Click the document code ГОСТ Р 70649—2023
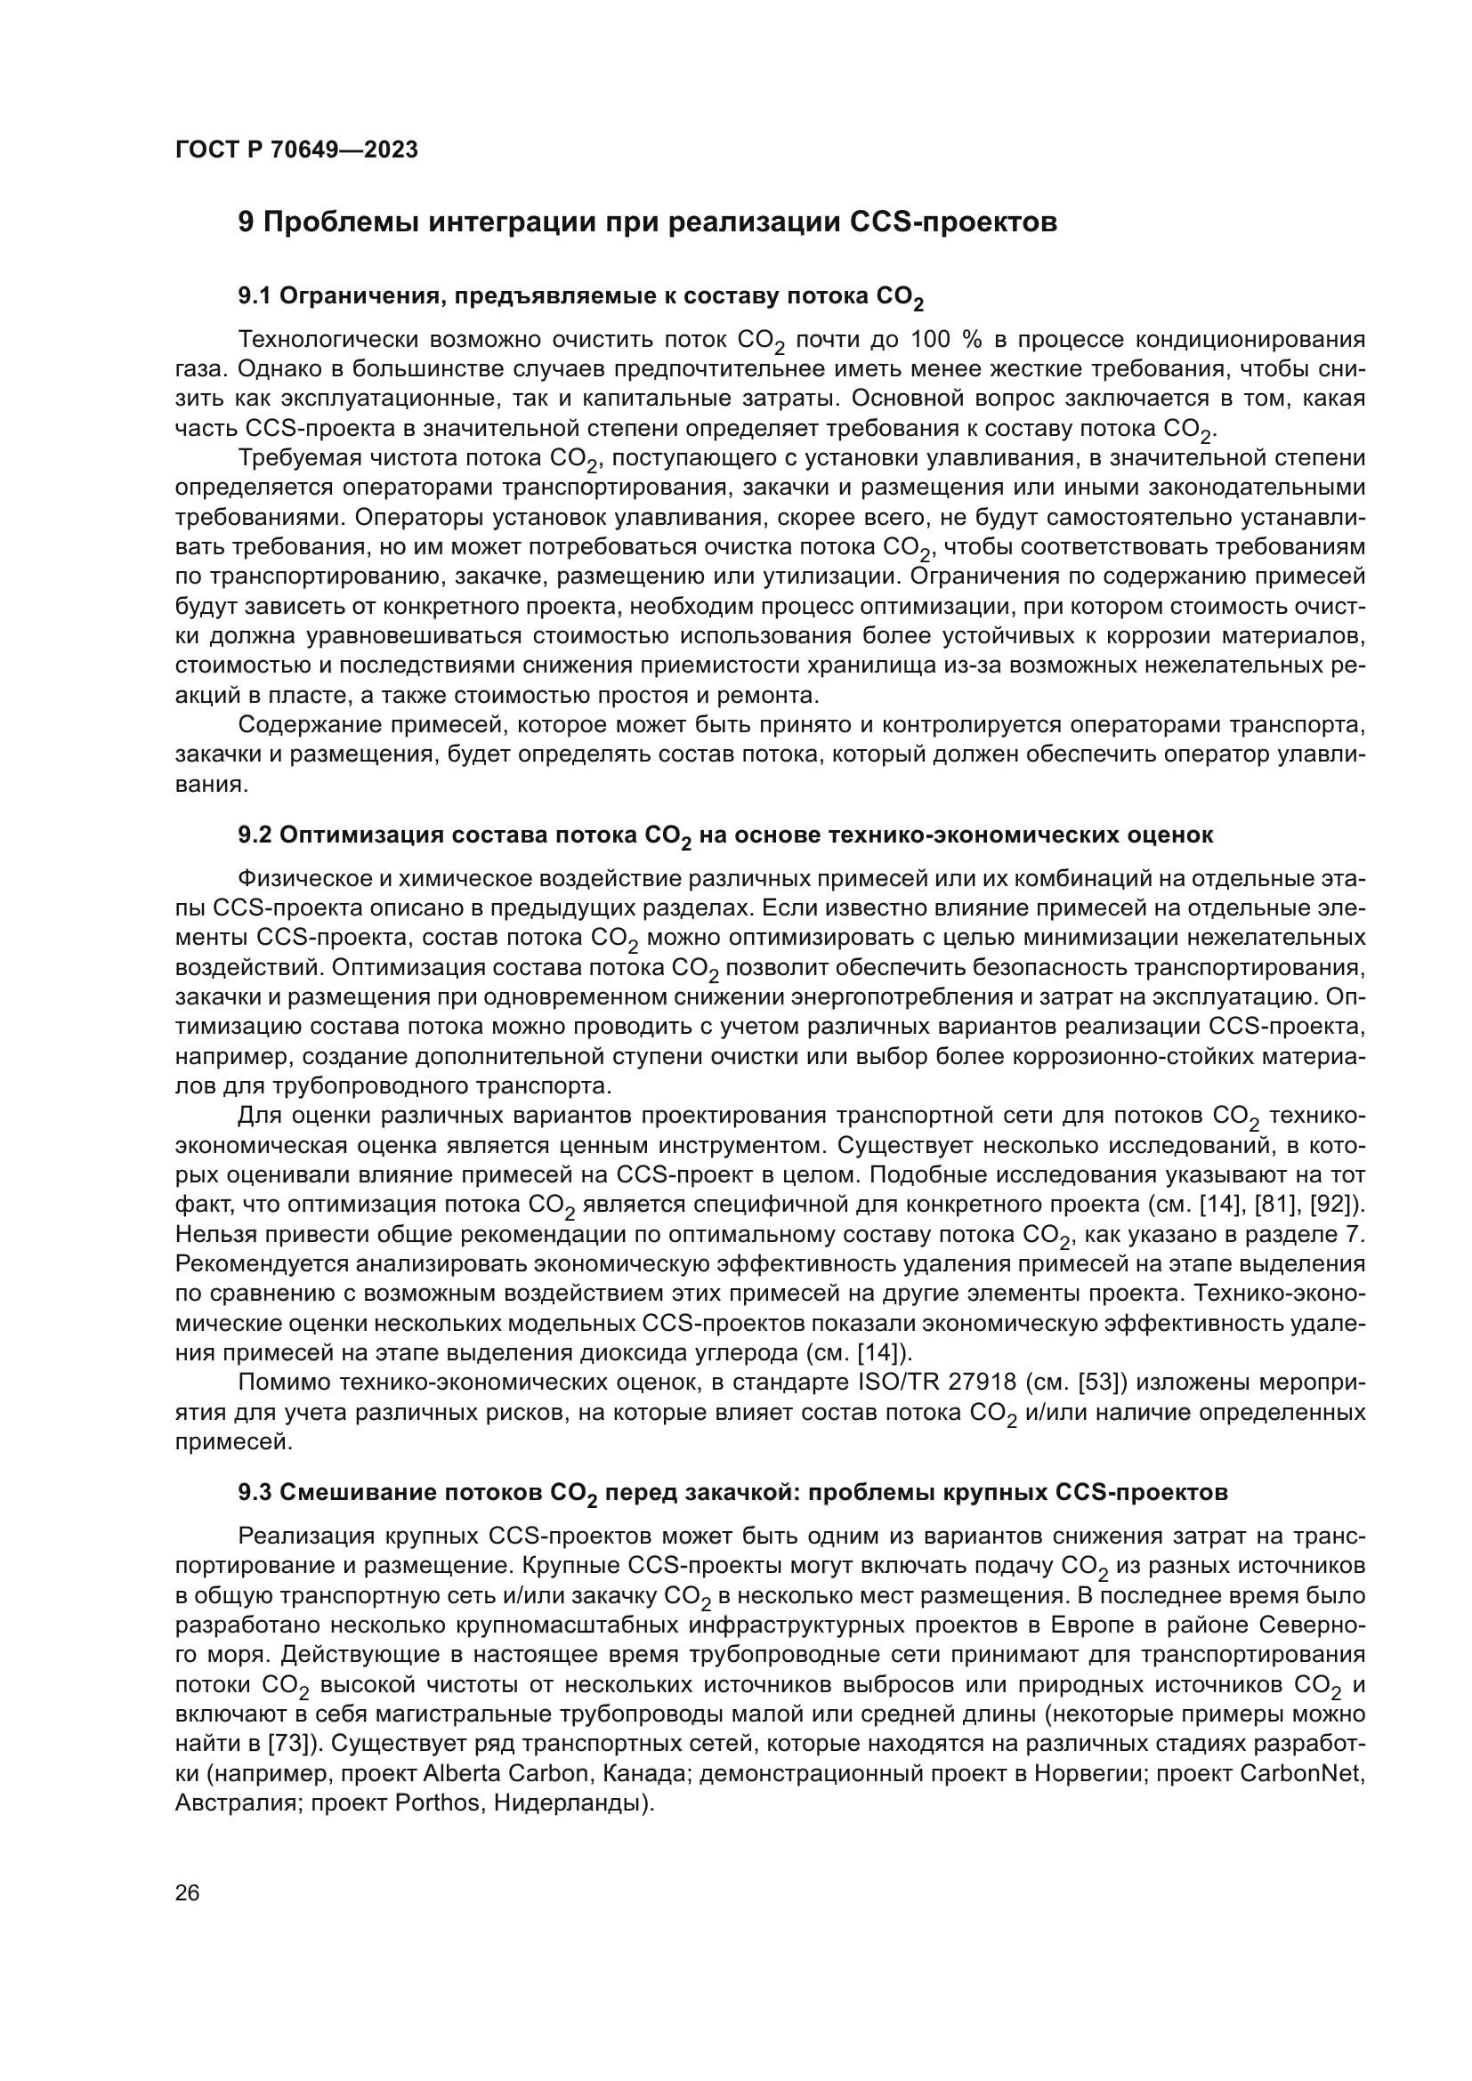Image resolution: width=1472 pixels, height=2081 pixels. tap(296, 150)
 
